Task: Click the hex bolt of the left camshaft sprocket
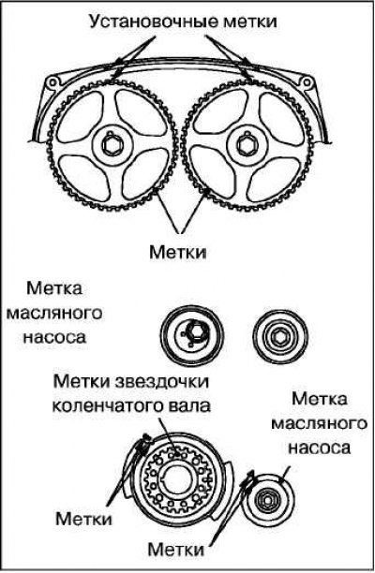tap(110, 145)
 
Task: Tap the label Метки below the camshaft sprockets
tap(178, 253)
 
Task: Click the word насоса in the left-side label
tap(55, 336)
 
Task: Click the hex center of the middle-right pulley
tap(280, 335)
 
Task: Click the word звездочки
tap(162, 382)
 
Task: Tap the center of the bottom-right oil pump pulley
tap(268, 498)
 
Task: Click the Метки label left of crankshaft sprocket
tap(83, 519)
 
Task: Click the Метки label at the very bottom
tap(175, 549)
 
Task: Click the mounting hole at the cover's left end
tap(52, 81)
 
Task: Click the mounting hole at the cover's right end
tap(304, 81)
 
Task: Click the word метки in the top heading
tap(250, 22)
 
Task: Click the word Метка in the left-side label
tap(54, 289)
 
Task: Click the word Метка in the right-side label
tap(320, 399)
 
